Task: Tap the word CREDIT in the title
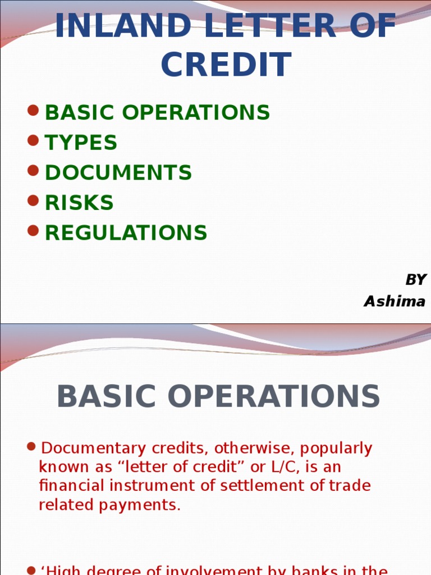[226, 65]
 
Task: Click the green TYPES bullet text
[81, 143]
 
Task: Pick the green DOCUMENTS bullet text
[118, 173]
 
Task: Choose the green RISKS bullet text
[79, 203]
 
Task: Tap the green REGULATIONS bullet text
[126, 232]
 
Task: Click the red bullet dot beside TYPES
[33, 140]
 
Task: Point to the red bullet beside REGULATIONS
[33, 230]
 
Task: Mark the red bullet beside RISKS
[33, 200]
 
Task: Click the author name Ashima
[395, 302]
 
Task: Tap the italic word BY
[416, 280]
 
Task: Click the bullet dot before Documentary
[32, 447]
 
